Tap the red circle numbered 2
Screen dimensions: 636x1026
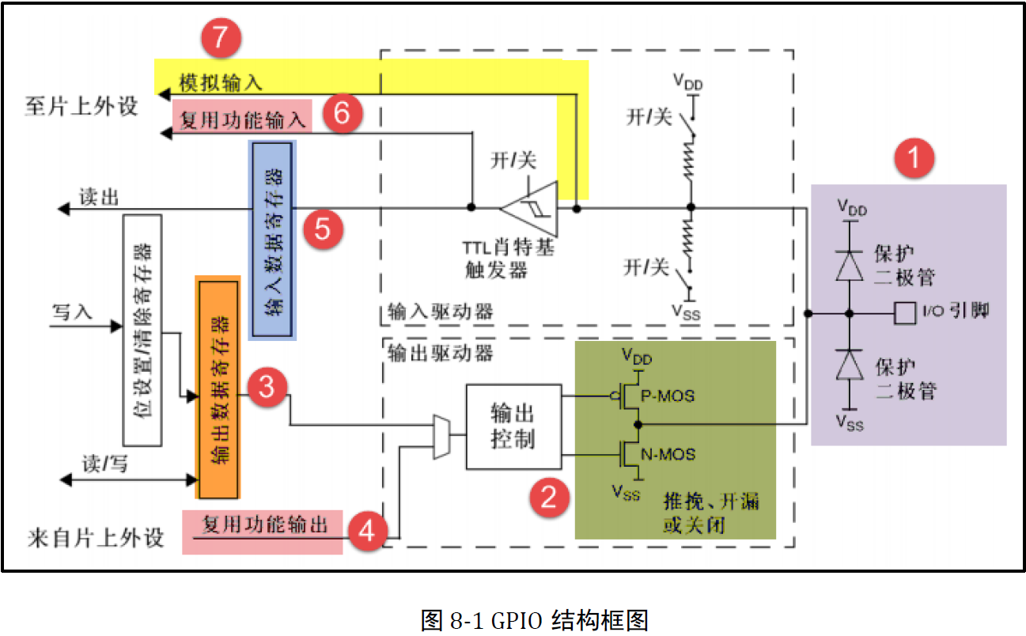(549, 496)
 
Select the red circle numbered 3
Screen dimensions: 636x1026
(267, 387)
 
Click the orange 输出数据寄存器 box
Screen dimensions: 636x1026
(218, 388)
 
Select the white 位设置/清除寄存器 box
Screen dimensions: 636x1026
(142, 329)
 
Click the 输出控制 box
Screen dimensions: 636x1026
(513, 427)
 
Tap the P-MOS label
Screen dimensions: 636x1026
(667, 395)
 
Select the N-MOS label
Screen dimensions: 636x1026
(668, 454)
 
